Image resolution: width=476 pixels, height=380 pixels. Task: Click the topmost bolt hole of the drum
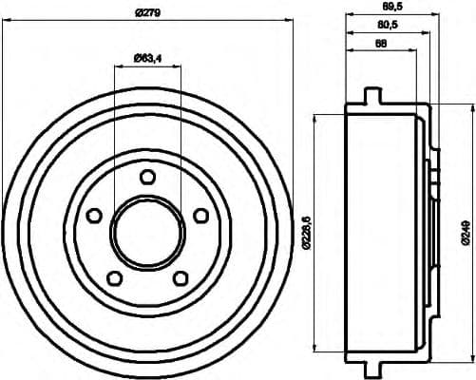(x=147, y=177)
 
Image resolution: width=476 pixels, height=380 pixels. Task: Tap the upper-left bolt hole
(x=94, y=216)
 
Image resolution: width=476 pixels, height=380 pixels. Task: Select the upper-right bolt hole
(x=200, y=216)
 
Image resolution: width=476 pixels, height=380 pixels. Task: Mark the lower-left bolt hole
(x=114, y=277)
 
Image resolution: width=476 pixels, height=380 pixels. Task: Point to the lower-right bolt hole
(x=181, y=277)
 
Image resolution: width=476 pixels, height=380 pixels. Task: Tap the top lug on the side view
(x=371, y=95)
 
